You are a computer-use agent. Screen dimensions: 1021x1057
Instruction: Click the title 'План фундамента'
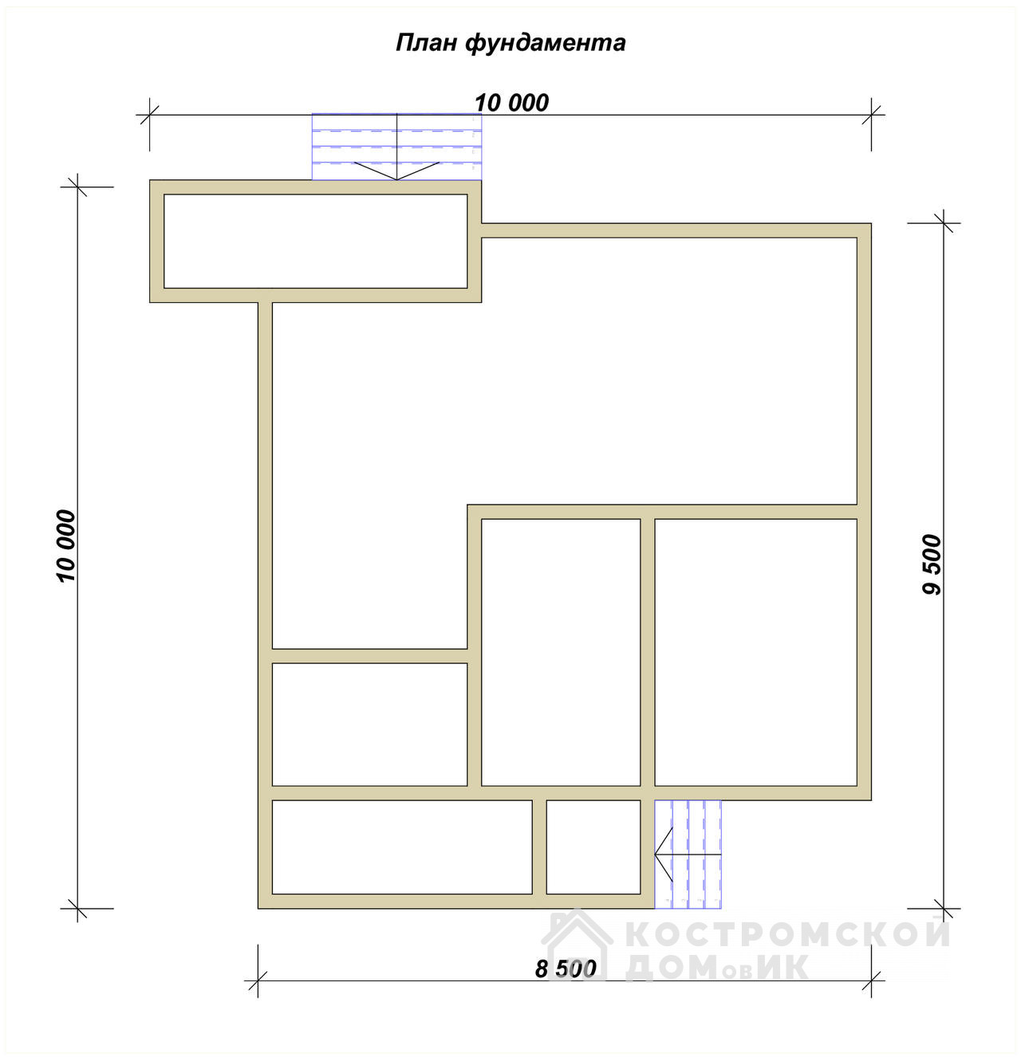(510, 43)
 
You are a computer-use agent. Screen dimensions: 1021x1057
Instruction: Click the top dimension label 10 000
(511, 103)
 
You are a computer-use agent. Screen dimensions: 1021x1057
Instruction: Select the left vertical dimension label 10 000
(65, 546)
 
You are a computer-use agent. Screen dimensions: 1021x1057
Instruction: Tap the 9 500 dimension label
(932, 564)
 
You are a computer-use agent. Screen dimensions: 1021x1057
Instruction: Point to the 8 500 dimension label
(566, 969)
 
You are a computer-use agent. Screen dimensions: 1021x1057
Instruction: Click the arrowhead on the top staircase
(396, 171)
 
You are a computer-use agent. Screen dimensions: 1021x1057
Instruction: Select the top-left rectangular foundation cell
(315, 242)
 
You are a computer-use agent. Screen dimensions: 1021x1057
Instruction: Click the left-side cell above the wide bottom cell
(369, 724)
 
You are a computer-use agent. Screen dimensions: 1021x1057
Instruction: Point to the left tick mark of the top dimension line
(149, 115)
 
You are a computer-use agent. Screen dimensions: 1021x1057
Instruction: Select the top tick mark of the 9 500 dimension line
(944, 222)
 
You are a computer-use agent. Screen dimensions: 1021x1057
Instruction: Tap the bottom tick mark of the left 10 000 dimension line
(77, 908)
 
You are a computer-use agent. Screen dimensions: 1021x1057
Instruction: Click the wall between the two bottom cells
(538, 847)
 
